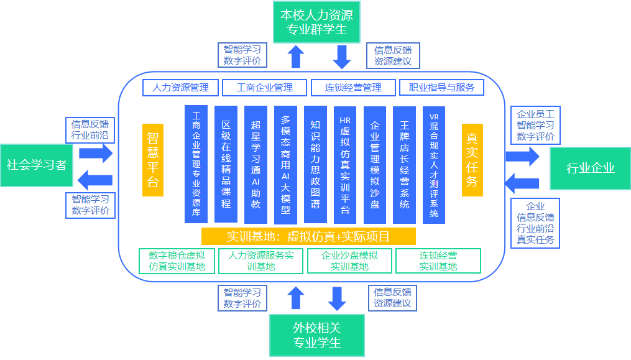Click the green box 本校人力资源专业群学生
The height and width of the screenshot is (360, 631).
(x=316, y=22)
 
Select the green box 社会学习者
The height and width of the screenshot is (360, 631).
(x=37, y=165)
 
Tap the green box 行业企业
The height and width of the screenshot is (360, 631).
(x=590, y=168)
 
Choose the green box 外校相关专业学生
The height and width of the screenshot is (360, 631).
(x=316, y=335)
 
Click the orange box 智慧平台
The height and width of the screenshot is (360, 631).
(x=153, y=160)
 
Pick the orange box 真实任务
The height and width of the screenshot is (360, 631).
(x=472, y=160)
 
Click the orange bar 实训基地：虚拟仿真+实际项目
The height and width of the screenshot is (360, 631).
(x=308, y=236)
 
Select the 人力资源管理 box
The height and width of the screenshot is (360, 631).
(x=180, y=88)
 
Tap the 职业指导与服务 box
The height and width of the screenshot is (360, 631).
(x=441, y=88)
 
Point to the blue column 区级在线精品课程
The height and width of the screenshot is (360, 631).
(x=226, y=164)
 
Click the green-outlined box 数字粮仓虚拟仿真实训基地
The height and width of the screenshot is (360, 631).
(x=172, y=261)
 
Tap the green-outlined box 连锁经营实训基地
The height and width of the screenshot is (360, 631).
(x=438, y=261)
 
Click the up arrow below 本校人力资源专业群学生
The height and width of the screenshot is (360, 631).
(x=297, y=57)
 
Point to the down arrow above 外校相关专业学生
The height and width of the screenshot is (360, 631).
(x=337, y=298)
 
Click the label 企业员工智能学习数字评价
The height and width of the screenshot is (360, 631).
(x=535, y=125)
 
